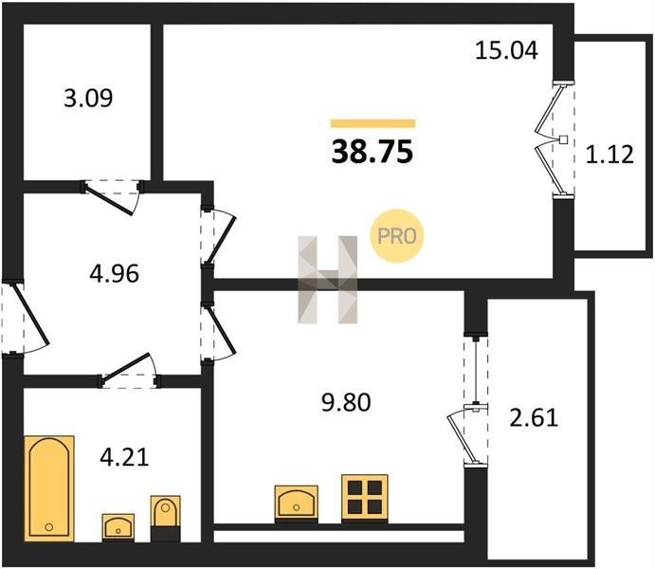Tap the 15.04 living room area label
point(506,50)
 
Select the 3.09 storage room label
point(88,99)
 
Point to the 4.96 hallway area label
point(115,274)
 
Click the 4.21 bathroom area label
point(124,457)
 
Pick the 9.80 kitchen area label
point(346,403)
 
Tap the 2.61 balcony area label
point(534,418)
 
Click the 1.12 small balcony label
point(610,155)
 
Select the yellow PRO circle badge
point(397,236)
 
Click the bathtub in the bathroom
point(49,488)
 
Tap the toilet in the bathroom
point(166,518)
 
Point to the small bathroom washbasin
point(118,527)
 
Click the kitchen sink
point(296,504)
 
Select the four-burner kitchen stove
point(365,498)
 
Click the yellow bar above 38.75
point(373,123)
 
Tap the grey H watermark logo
point(328,280)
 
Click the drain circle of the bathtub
point(49,527)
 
